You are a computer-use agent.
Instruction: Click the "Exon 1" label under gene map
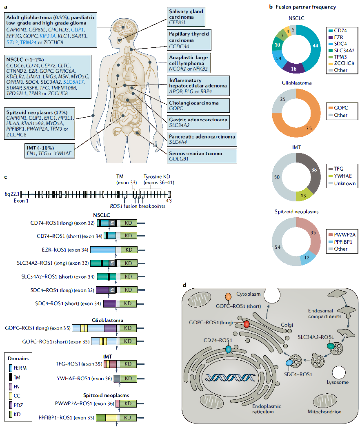(21, 201)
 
